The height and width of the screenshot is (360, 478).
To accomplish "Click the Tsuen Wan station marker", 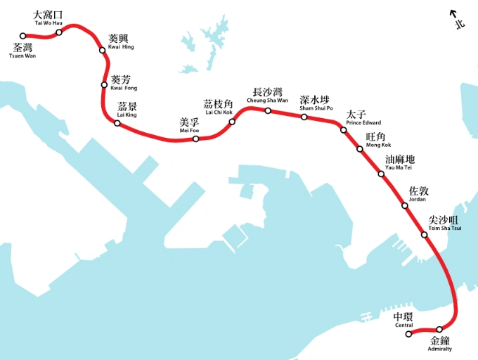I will click(x=23, y=36).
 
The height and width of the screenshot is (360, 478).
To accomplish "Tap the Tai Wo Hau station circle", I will click(x=59, y=32).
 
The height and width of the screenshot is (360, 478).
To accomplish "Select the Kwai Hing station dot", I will click(x=102, y=50).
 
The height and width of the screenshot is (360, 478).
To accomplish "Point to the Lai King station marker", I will click(x=117, y=124).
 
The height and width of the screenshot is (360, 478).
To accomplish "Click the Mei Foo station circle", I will click(x=195, y=139).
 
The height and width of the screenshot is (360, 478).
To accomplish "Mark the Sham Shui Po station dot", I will click(x=304, y=117).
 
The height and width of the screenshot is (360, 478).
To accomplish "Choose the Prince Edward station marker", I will click(x=344, y=130).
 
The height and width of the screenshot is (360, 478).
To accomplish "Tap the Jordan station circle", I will click(x=404, y=205).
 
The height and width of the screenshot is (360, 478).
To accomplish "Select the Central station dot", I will click(x=409, y=334).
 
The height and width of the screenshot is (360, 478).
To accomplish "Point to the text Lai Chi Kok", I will click(x=218, y=112).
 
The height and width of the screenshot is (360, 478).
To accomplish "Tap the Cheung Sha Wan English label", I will click(x=267, y=101).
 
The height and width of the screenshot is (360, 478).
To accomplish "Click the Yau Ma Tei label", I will click(x=399, y=167).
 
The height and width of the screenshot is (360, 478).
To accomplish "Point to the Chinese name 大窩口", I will click(x=48, y=15).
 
